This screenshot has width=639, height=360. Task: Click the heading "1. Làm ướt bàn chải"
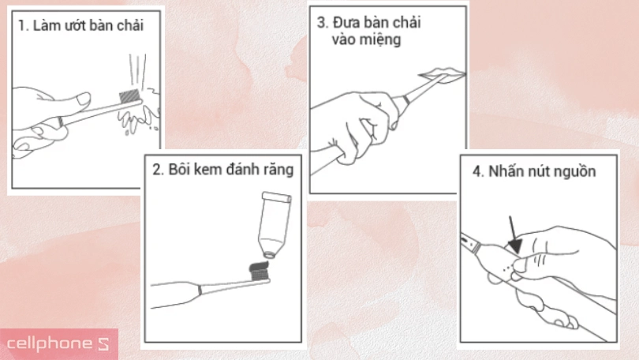coord(81,25)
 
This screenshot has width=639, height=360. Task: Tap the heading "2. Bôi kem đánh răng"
coord(223,171)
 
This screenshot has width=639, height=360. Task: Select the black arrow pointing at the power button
coord(513,234)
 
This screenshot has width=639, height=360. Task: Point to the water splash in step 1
coord(138,118)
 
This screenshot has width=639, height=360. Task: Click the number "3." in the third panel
coord(322,22)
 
